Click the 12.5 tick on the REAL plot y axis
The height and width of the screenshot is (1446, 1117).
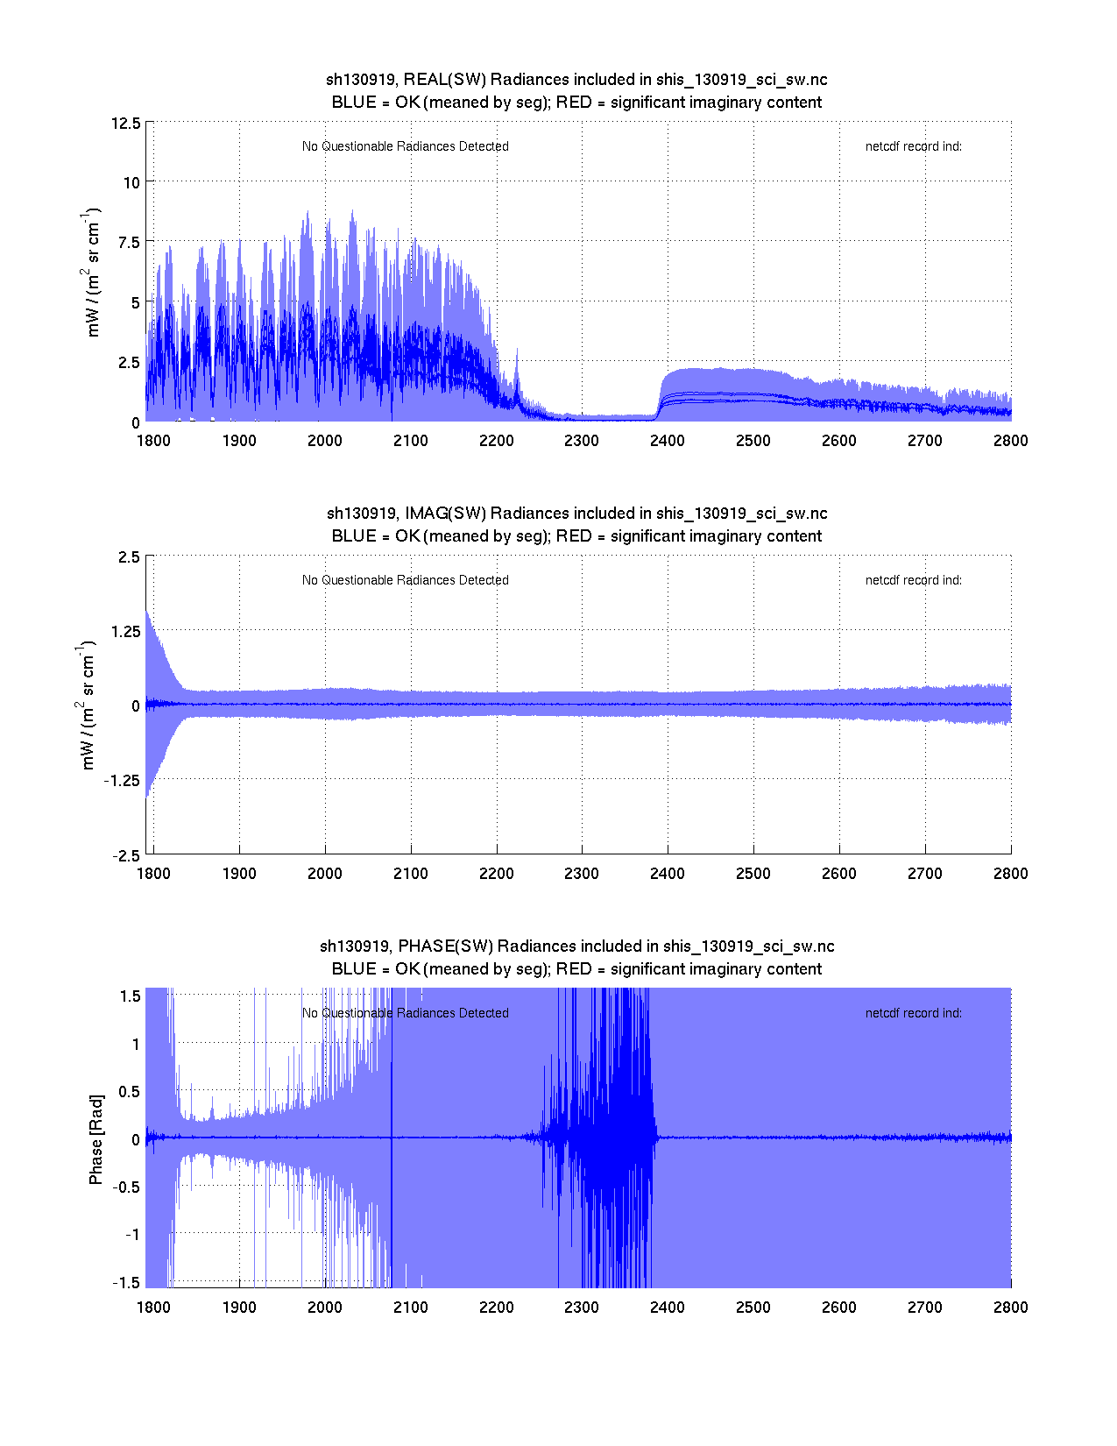pos(125,123)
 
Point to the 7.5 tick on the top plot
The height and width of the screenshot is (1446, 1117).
pos(129,243)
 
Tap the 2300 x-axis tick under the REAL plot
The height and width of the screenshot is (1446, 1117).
pos(582,441)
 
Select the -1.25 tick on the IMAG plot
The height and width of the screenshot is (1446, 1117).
pos(122,781)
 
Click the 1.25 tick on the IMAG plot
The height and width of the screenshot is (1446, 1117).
pos(124,632)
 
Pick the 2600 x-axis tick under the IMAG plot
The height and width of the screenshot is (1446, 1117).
pos(838,874)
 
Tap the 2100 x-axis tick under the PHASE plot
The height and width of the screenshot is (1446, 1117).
pos(410,1308)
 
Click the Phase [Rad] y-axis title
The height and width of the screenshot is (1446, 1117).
pos(96,1139)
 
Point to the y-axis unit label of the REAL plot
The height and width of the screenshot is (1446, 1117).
pos(91,272)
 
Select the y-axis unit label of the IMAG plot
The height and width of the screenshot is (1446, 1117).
pos(87,705)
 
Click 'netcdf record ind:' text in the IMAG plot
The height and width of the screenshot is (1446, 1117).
pos(913,580)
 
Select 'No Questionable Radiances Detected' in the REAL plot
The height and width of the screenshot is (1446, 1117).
pos(405,146)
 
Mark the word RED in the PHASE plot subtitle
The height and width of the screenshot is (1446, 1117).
pos(574,969)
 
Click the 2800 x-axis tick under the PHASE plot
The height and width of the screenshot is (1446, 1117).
pos(1010,1308)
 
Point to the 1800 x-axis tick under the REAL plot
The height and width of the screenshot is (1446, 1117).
pos(153,441)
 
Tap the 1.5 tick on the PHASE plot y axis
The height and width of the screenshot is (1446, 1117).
pos(131,996)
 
